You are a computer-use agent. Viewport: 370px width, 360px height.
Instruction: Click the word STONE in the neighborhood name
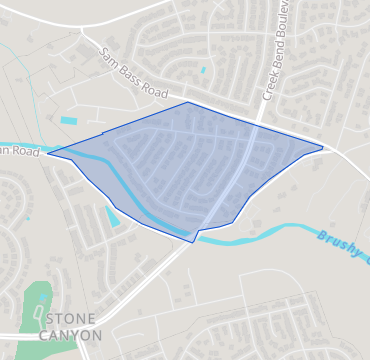pos(72,318)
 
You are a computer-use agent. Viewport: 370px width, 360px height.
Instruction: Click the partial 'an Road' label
pos(19,152)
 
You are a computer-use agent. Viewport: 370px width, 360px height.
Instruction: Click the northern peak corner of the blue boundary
pos(188,102)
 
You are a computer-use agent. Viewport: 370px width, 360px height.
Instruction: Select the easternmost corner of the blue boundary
pos(323,148)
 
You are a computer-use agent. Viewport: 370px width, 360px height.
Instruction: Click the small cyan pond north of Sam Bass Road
pos(203,70)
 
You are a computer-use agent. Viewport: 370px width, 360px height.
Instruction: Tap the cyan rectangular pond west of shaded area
pos(68,121)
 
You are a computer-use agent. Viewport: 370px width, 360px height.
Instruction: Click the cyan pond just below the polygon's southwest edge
pos(112,215)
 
